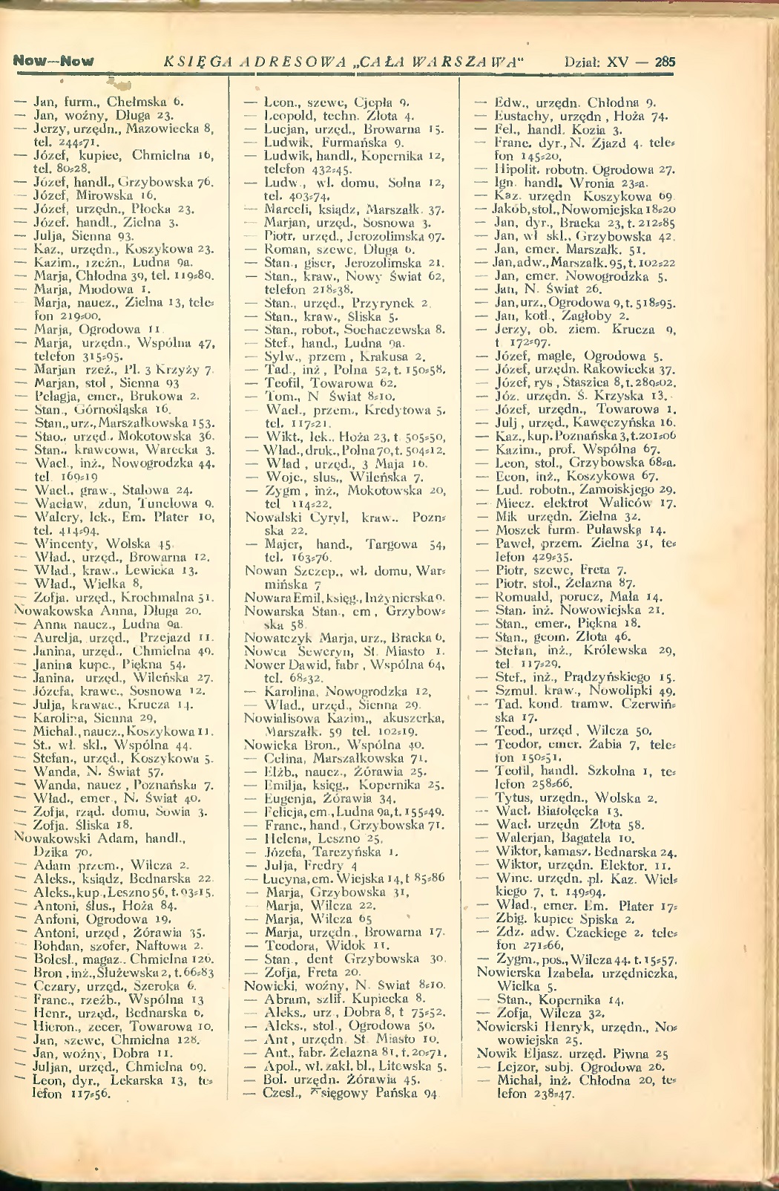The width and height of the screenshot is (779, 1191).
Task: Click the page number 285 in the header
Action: pyautogui.click(x=665, y=62)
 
